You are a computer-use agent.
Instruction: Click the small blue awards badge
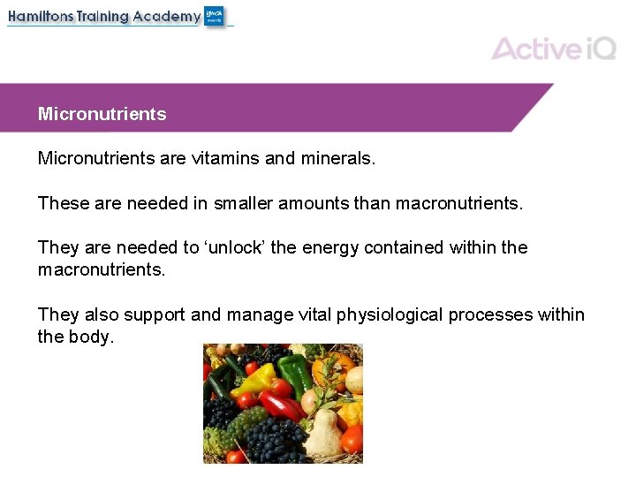click(215, 16)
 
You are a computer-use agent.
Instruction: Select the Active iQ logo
click(553, 48)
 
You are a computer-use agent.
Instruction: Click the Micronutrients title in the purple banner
click(102, 114)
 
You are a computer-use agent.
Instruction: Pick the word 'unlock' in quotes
click(237, 247)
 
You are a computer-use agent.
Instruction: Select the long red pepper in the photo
click(281, 406)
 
